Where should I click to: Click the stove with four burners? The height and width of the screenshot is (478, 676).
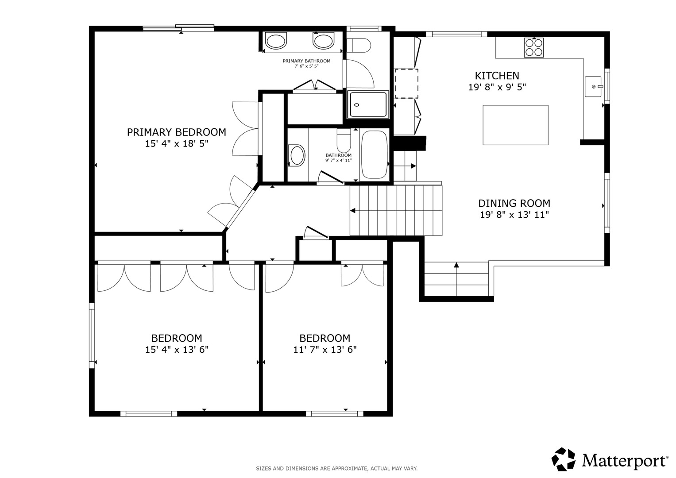pyautogui.click(x=534, y=47)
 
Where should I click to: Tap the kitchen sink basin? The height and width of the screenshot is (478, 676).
pyautogui.click(x=593, y=87)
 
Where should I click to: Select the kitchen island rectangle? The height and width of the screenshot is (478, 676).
pyautogui.click(x=515, y=125)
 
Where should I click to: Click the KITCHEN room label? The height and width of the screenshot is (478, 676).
pyautogui.click(x=497, y=75)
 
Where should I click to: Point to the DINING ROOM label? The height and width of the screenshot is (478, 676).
pyautogui.click(x=514, y=203)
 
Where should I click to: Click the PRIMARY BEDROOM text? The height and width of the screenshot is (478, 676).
pyautogui.click(x=177, y=132)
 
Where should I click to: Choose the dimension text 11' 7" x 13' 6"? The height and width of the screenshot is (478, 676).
pyautogui.click(x=325, y=350)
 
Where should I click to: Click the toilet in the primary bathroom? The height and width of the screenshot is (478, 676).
pyautogui.click(x=359, y=45)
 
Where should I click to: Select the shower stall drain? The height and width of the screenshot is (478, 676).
pyautogui.click(x=357, y=105)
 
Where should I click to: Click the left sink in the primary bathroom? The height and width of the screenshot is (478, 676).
pyautogui.click(x=276, y=41)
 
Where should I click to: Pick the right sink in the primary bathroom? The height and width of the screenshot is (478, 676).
pyautogui.click(x=323, y=41)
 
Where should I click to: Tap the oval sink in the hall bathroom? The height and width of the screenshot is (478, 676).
pyautogui.click(x=297, y=155)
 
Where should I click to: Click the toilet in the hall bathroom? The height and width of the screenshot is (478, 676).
pyautogui.click(x=344, y=141)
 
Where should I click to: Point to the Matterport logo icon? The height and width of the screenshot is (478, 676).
pyautogui.click(x=564, y=459)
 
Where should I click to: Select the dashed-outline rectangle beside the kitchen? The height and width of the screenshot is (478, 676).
pyautogui.click(x=406, y=84)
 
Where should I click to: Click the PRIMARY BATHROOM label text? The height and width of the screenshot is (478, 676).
pyautogui.click(x=307, y=61)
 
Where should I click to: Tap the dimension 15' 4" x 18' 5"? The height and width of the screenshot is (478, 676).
pyautogui.click(x=177, y=144)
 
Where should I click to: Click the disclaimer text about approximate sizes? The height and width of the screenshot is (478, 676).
pyautogui.click(x=337, y=469)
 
